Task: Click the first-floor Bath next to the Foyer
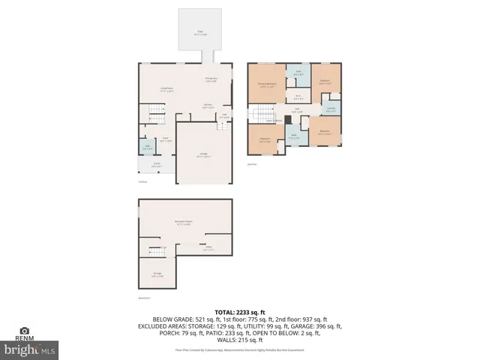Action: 147,147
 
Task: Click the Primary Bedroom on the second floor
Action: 266,85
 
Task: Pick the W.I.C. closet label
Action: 298,96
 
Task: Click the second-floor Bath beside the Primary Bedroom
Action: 298,74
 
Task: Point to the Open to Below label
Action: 273,120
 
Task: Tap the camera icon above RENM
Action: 25,331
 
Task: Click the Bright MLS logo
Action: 30,349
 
